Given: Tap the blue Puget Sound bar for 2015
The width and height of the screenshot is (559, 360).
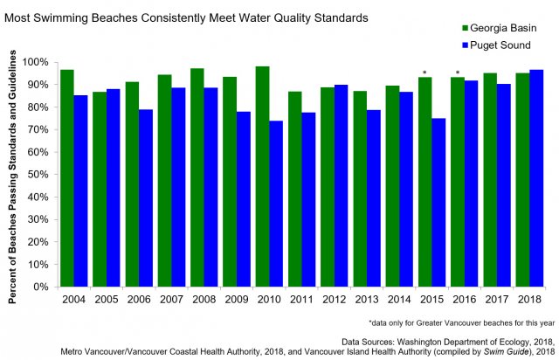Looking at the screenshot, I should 439,202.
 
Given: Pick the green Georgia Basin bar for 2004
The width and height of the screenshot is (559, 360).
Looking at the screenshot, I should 66,178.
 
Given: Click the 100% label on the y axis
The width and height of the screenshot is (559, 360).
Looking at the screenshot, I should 38,62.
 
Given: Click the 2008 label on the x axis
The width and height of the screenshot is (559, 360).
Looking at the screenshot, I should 204,297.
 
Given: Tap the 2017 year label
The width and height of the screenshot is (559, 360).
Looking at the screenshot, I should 498,297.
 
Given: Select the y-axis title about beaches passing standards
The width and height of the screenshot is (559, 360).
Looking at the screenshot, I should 14,175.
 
